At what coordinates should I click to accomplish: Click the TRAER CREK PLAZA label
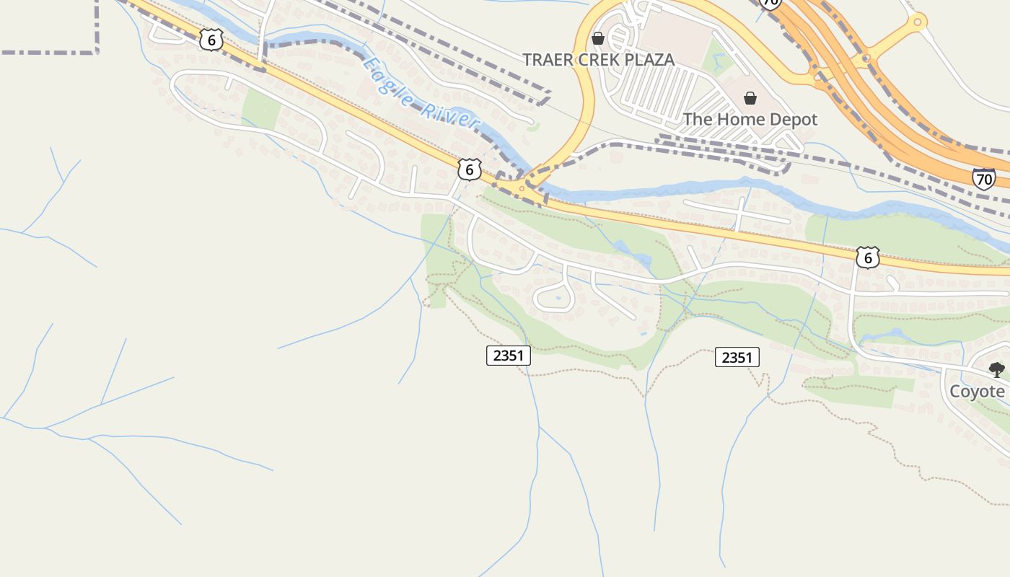click(x=598, y=60)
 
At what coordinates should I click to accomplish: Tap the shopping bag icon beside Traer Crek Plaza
click(x=598, y=38)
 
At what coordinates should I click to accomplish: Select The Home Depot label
click(x=750, y=119)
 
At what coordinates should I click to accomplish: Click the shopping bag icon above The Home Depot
click(x=750, y=98)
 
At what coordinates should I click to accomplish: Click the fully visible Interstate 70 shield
click(x=983, y=178)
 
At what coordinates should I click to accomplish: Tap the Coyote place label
click(x=977, y=391)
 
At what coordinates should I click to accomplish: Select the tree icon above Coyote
click(x=996, y=370)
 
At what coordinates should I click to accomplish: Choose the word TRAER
click(x=548, y=60)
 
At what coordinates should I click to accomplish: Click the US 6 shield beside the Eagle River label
click(x=469, y=169)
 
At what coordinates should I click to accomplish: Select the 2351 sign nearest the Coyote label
click(x=737, y=357)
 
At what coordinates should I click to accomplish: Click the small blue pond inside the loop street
click(x=558, y=296)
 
